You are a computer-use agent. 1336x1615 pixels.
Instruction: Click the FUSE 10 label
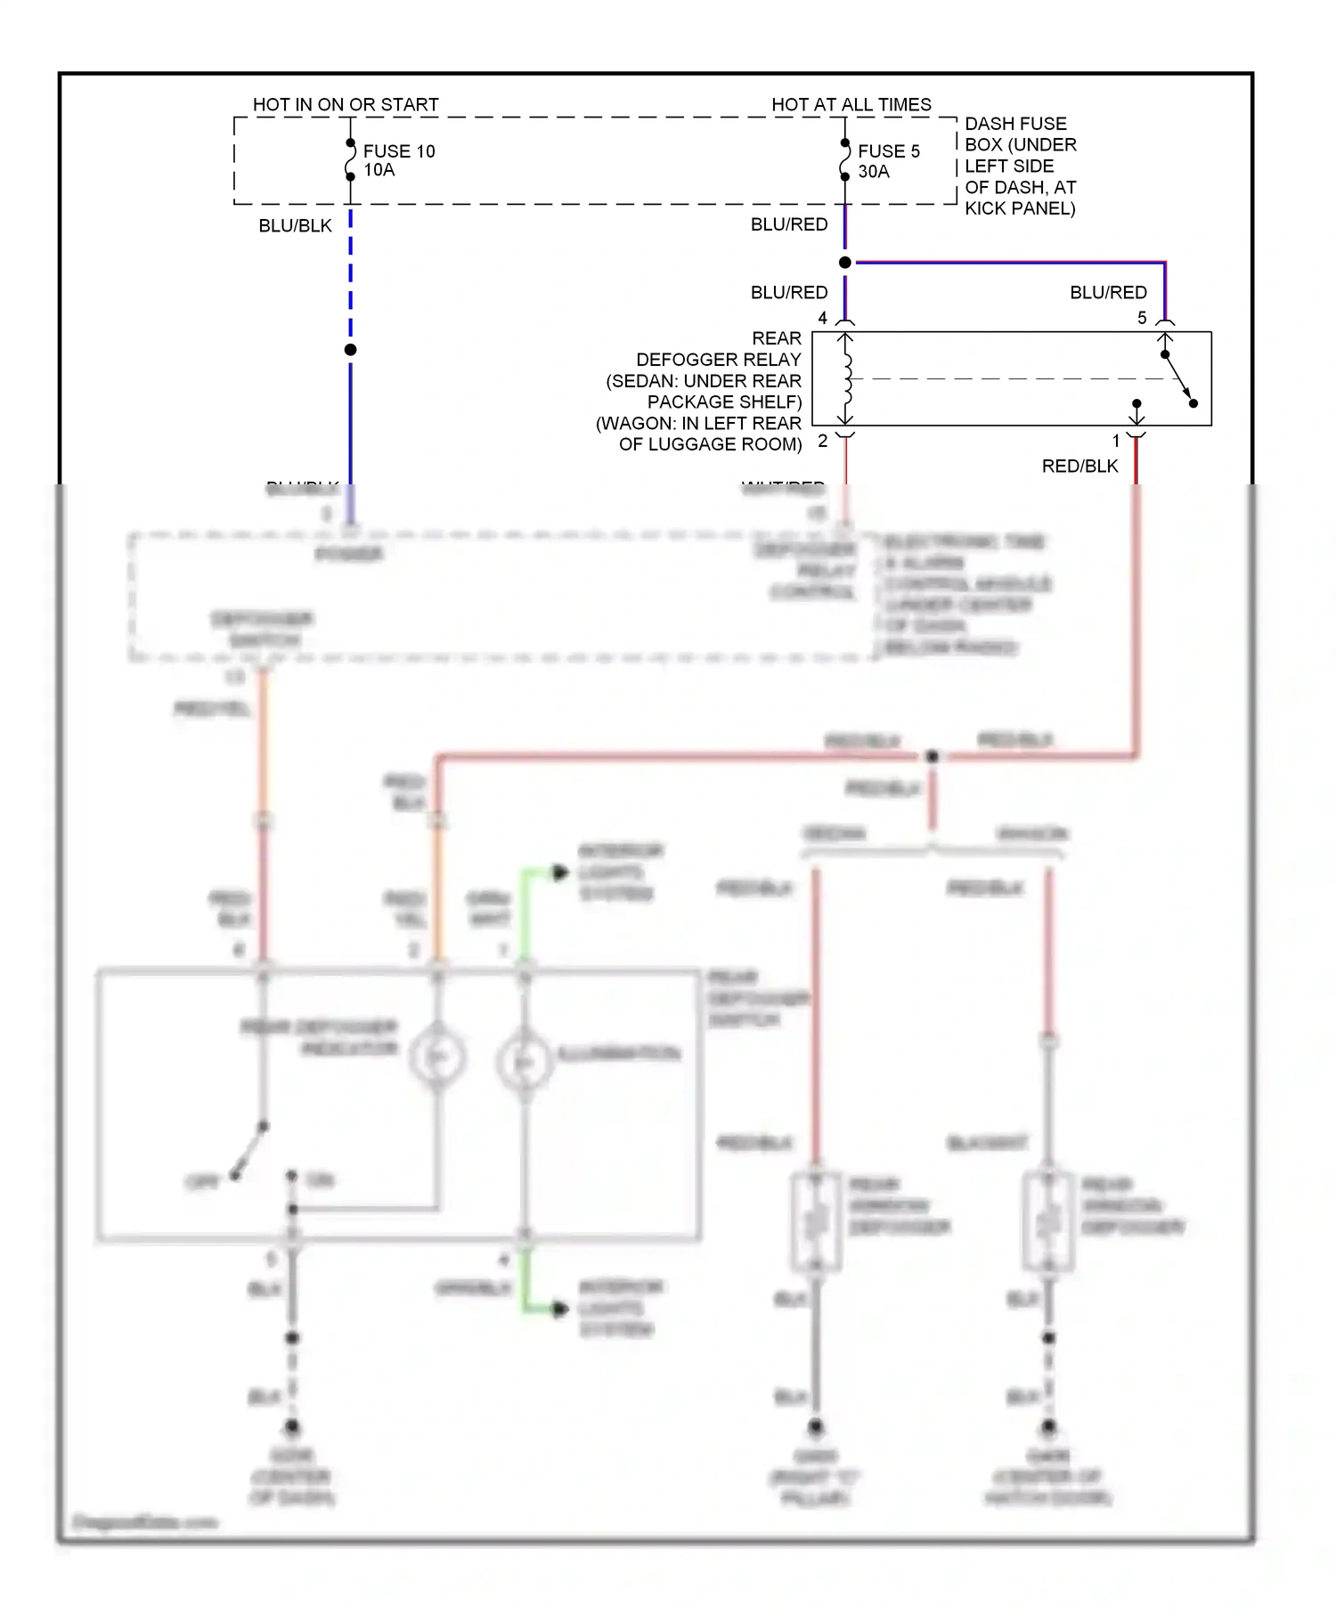coord(398,151)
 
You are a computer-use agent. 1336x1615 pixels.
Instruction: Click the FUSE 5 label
coord(888,151)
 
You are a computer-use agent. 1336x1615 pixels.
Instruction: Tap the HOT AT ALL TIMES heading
coord(851,104)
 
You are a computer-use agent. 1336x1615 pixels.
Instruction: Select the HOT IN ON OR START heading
coord(346,104)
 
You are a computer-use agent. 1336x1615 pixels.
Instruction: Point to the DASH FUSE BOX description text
coord(1020,166)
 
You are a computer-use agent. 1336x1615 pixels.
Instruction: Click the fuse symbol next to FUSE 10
coord(350,160)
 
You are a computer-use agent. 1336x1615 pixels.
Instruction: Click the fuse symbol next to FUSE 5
coord(844,160)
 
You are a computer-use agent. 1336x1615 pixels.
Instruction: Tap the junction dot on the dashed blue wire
coord(350,350)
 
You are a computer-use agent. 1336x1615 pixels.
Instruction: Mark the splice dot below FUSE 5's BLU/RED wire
coord(845,262)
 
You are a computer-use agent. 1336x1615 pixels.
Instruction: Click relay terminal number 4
coord(822,318)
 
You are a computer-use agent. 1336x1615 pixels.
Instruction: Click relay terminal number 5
coord(1142,318)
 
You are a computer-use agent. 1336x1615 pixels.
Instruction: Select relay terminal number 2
coord(822,441)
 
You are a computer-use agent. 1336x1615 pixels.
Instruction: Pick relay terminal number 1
coord(1116,441)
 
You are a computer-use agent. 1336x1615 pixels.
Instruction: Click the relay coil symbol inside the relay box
coord(846,379)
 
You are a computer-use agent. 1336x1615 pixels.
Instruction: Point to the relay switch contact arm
coord(1178,378)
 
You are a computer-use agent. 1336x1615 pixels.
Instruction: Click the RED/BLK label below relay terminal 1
coord(1079,466)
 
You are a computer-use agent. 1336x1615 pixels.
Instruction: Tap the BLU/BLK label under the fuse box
coord(295,226)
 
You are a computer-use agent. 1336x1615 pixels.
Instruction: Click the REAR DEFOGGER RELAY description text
coord(704,392)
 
